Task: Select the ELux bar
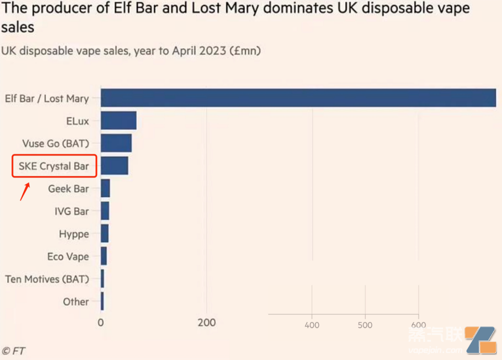(x=118, y=121)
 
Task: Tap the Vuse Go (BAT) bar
(x=116, y=143)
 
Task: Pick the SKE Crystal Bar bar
(x=114, y=166)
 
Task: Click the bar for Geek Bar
(x=105, y=188)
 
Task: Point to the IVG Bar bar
(x=105, y=211)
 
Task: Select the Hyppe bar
(x=104, y=234)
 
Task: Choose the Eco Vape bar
(x=103, y=256)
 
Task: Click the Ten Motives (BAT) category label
(x=47, y=279)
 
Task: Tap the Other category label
(x=76, y=301)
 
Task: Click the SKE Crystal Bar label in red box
(x=53, y=166)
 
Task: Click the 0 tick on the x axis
(x=101, y=323)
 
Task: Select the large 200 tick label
(x=206, y=323)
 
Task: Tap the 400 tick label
(x=312, y=324)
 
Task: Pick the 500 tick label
(x=365, y=324)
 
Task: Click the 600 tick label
(x=418, y=324)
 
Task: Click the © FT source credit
(x=14, y=351)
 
